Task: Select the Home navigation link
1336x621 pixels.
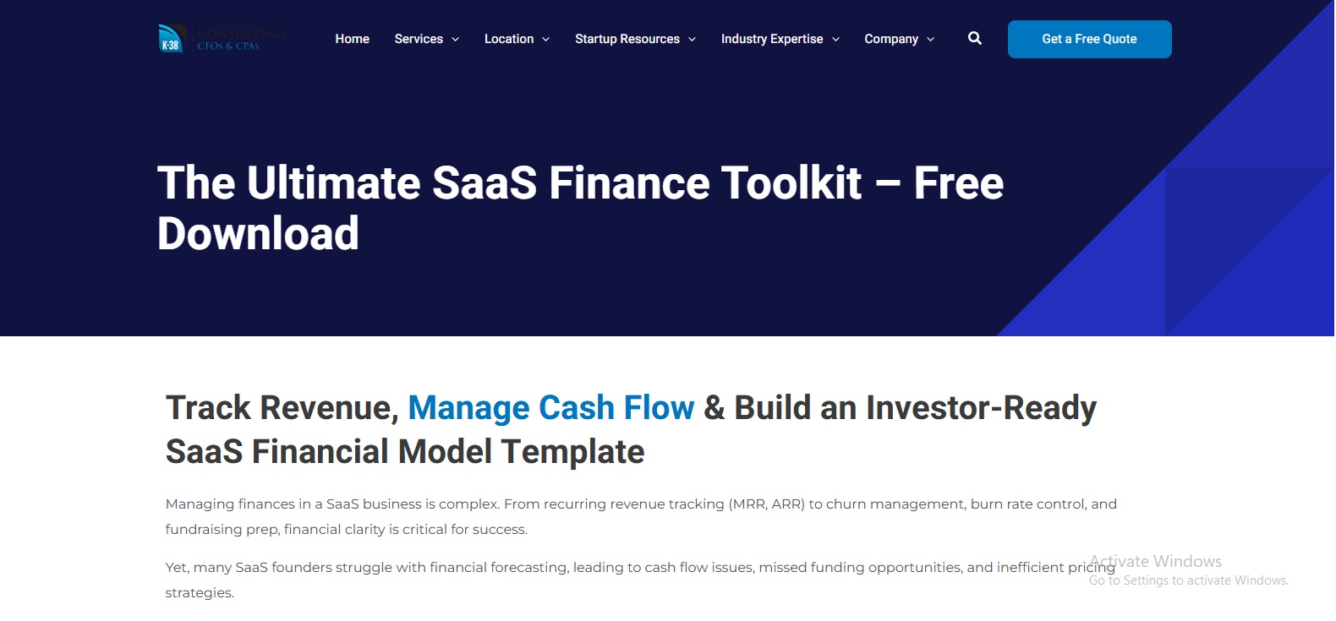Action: [x=352, y=39]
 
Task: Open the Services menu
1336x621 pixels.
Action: [x=419, y=39]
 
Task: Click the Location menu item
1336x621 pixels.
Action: [x=509, y=39]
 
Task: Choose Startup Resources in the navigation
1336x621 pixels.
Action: [x=627, y=39]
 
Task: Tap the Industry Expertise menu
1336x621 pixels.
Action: [x=771, y=39]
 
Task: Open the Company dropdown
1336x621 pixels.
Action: [x=890, y=39]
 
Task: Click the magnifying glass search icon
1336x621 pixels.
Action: [x=975, y=38]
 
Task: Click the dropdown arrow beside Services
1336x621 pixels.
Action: [x=456, y=40]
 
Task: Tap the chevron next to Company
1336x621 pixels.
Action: [x=931, y=40]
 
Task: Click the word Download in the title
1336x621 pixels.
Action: [x=258, y=234]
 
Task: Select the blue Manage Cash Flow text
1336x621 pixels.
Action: [x=550, y=408]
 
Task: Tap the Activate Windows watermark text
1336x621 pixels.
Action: [x=1155, y=561]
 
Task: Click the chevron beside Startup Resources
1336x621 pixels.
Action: [x=693, y=40]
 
